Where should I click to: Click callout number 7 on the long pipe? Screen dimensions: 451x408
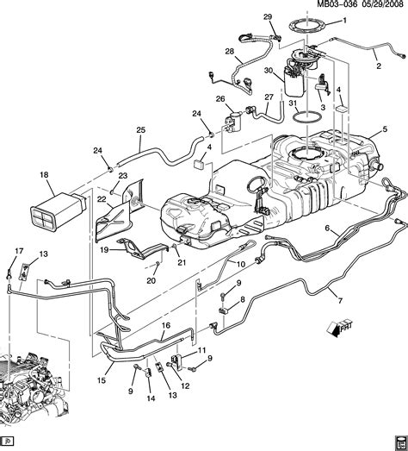coord(340,301)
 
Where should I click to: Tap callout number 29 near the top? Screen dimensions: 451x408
coord(267,17)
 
